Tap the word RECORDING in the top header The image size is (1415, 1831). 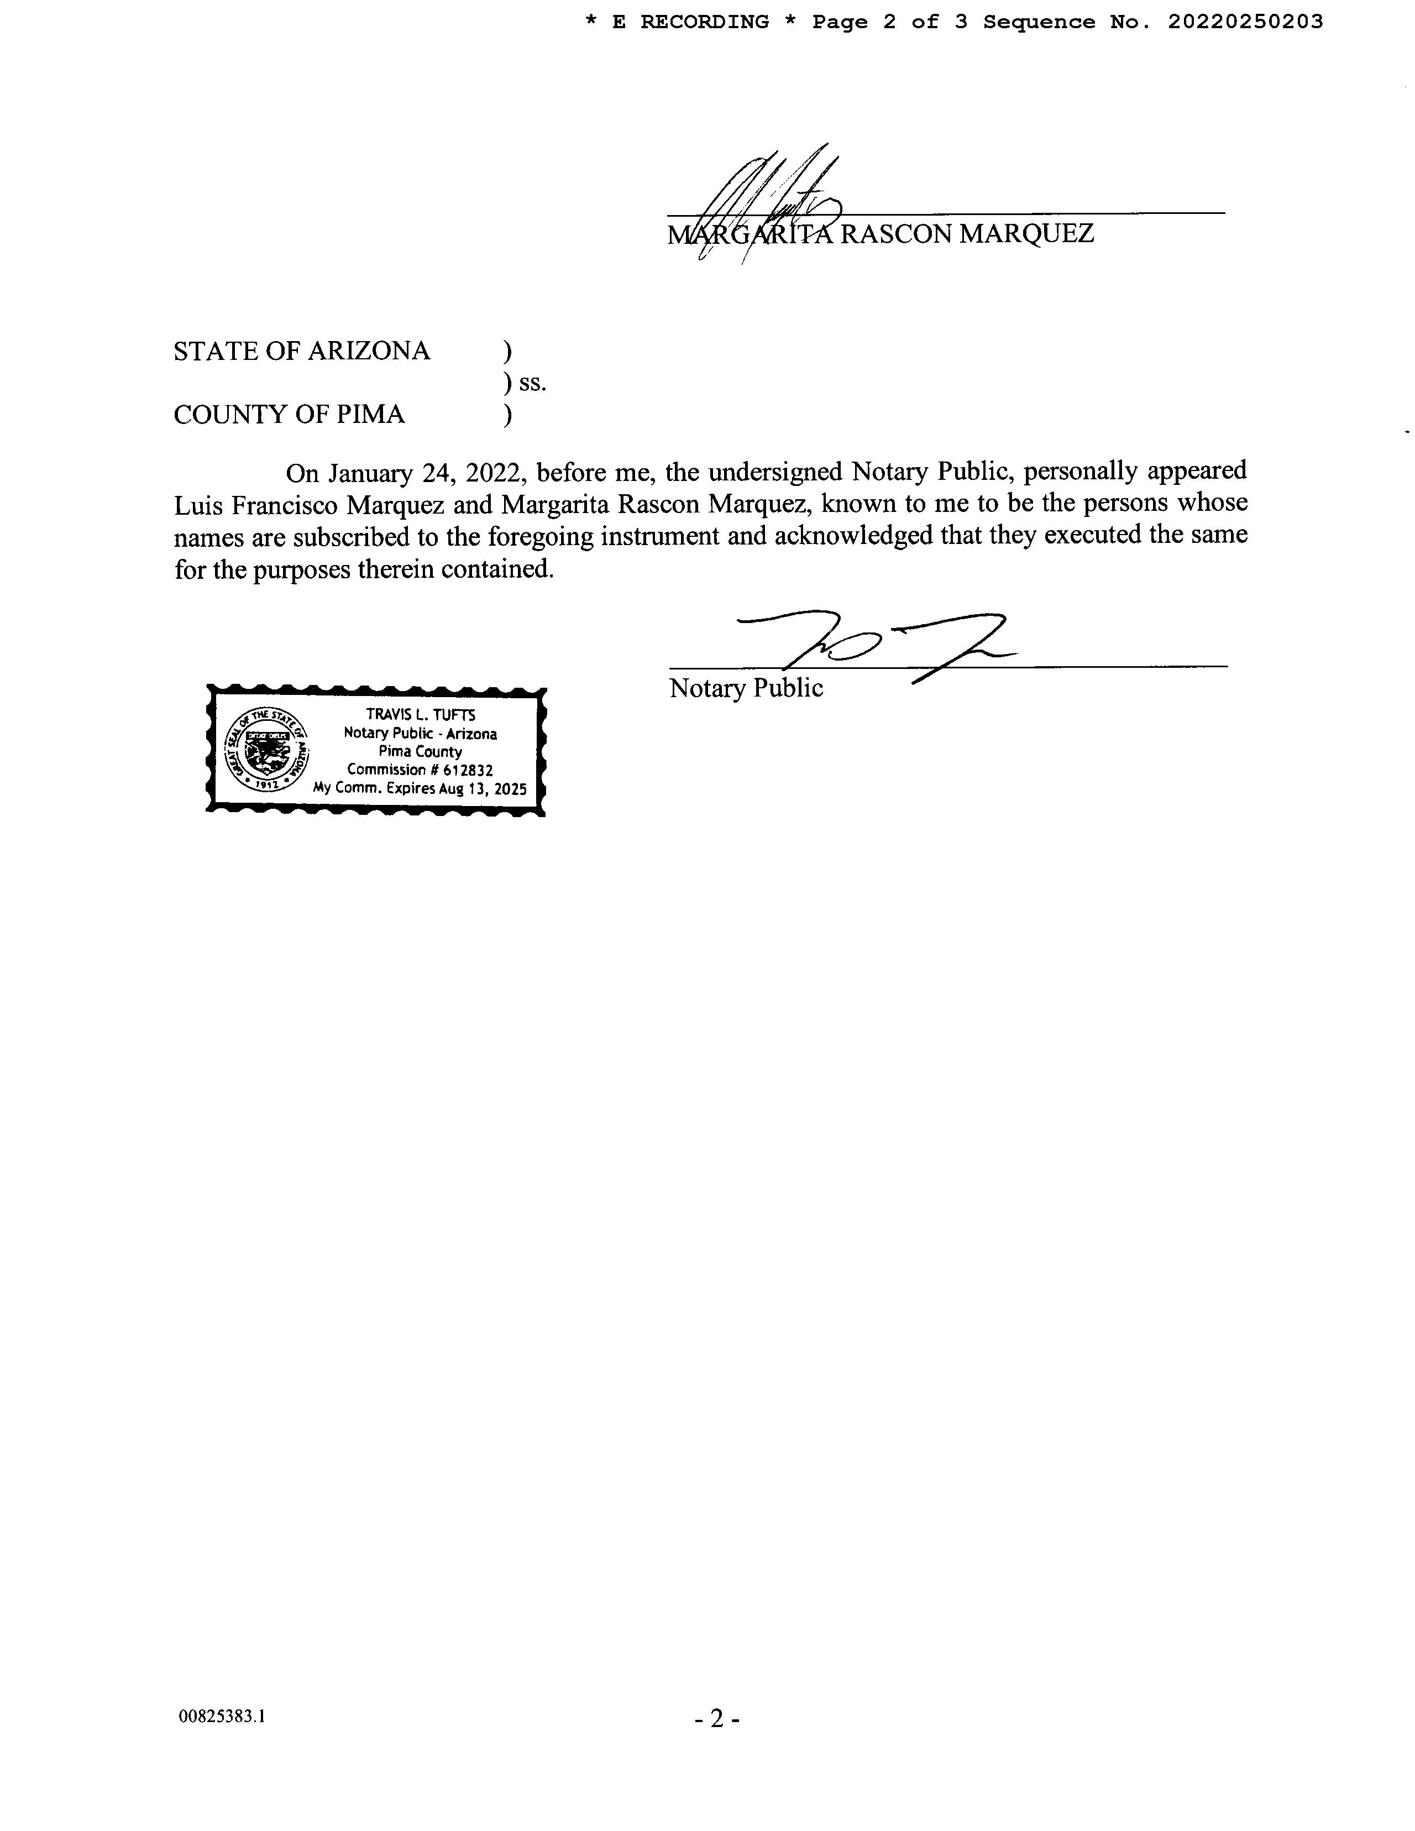click(x=704, y=22)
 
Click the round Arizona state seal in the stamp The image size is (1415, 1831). click(x=266, y=750)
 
